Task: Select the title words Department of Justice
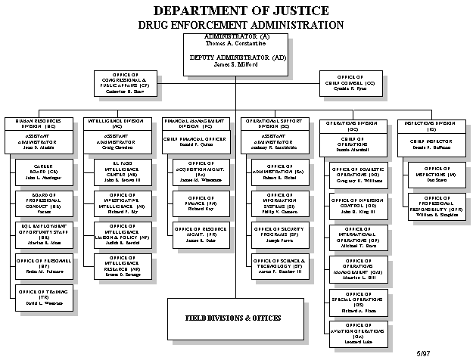241,11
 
